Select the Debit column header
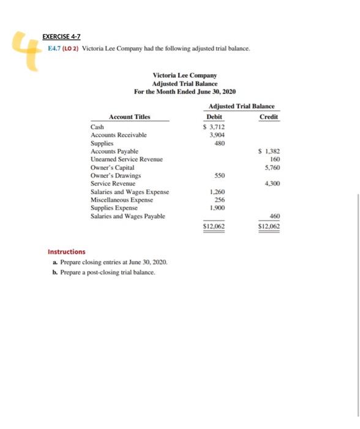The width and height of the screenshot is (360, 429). pyautogui.click(x=215, y=116)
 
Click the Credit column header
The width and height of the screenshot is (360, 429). pyautogui.click(x=268, y=116)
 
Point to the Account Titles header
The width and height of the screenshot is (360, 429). pyautogui.click(x=129, y=116)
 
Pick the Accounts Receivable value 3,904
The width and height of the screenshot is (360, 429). pyautogui.click(x=217, y=135)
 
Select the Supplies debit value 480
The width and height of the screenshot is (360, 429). pyautogui.click(x=219, y=143)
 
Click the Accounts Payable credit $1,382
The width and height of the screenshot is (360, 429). pyautogui.click(x=269, y=151)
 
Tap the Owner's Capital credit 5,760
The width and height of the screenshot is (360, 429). pyautogui.click(x=271, y=167)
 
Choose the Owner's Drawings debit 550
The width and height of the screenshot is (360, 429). pyautogui.click(x=219, y=175)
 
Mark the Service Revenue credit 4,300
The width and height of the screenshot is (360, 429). pyautogui.click(x=271, y=183)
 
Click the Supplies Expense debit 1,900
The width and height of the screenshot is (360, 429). pyautogui.click(x=217, y=207)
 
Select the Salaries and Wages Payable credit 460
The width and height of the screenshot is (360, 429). pyautogui.click(x=273, y=216)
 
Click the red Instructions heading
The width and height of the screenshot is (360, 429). pyautogui.click(x=67, y=251)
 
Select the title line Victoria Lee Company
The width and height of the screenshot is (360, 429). pyautogui.click(x=184, y=75)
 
